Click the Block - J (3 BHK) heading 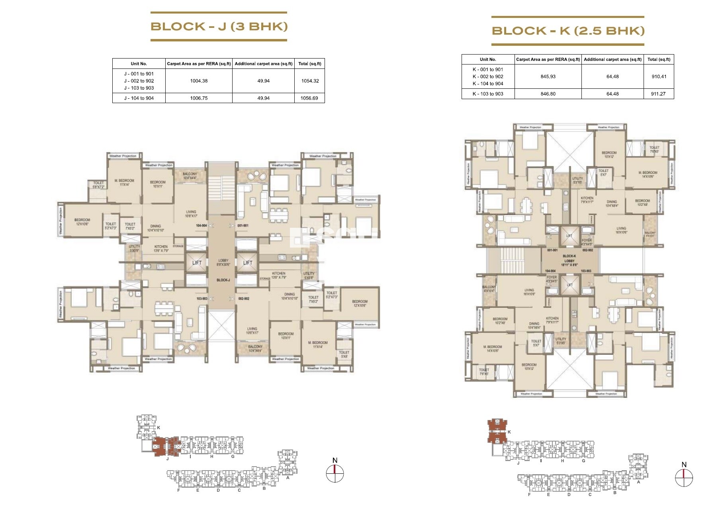click(219, 26)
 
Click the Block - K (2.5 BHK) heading click(568, 31)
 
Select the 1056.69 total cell click(309, 98)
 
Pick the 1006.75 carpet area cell click(199, 98)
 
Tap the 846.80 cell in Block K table click(548, 94)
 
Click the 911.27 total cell click(658, 94)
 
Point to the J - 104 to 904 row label click(139, 98)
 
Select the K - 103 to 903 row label click(488, 94)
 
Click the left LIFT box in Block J click(197, 263)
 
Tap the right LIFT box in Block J click(247, 263)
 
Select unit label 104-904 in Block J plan click(201, 226)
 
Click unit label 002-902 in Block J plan click(243, 299)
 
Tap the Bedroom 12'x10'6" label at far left click(82, 222)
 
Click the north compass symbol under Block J click(335, 473)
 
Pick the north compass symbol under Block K click(684, 477)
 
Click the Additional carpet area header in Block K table click(612, 59)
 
